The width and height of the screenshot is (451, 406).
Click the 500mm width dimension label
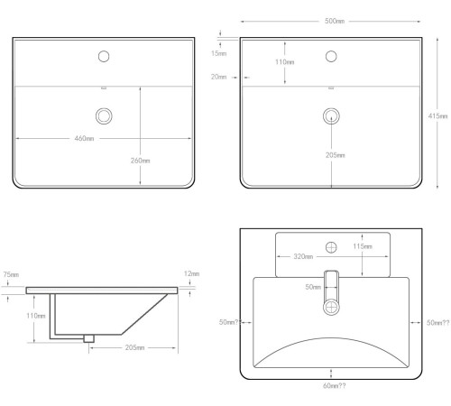pyautogui.click(x=335, y=21)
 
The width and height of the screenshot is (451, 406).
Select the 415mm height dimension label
pyautogui.click(x=437, y=115)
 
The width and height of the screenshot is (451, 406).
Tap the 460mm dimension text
pyautogui.click(x=84, y=138)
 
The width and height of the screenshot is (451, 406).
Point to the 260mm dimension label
pyautogui.click(x=140, y=161)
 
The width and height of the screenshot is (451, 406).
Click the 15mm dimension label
pyautogui.click(x=218, y=53)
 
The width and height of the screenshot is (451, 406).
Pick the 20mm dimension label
pyautogui.click(x=218, y=77)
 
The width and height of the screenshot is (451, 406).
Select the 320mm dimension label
pyautogui.click(x=303, y=256)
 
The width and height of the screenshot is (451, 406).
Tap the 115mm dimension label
pyautogui.click(x=363, y=246)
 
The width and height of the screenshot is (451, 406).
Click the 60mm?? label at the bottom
pyautogui.click(x=335, y=386)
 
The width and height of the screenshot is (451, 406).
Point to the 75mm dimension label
pyautogui.click(x=11, y=274)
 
